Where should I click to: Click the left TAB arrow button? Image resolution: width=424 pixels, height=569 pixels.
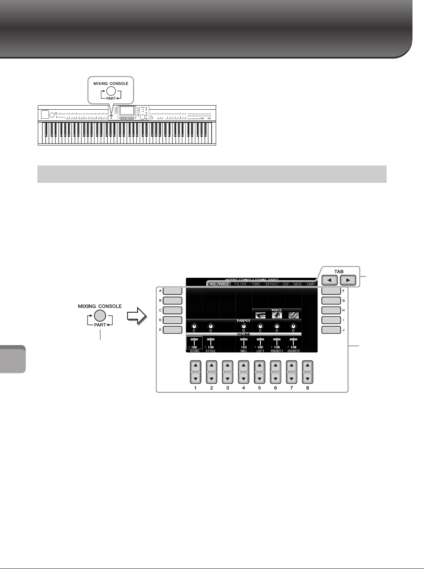[330, 281]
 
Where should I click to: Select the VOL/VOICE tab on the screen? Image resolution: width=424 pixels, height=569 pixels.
[219, 284]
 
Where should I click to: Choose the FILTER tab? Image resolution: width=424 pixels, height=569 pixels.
[240, 284]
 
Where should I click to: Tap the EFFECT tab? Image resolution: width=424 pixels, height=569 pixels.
[272, 284]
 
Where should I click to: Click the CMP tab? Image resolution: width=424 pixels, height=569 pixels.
[311, 284]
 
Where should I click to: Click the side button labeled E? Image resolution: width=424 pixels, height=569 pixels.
[173, 329]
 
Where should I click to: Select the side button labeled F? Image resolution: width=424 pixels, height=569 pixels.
[331, 291]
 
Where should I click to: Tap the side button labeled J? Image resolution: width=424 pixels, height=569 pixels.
[331, 329]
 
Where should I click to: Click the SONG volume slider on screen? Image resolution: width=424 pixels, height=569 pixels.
[194, 342]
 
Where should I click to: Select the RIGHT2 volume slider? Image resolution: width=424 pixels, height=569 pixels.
[293, 342]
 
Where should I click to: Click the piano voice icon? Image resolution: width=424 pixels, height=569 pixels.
[277, 315]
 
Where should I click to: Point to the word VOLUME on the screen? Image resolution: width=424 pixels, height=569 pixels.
[244, 334]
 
